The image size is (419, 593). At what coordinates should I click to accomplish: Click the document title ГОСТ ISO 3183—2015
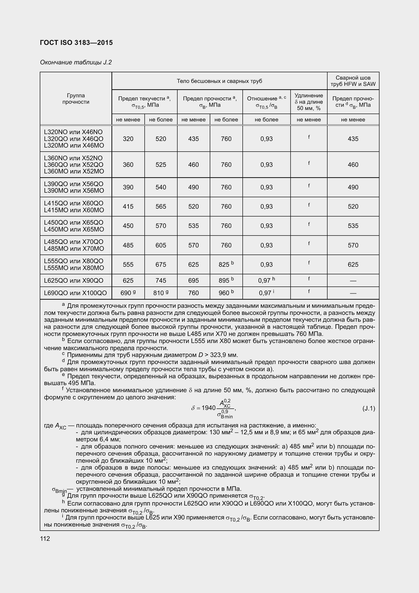point(76,43)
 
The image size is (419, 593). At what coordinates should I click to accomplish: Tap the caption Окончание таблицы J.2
point(76,62)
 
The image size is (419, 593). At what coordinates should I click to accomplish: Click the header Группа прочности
point(75,99)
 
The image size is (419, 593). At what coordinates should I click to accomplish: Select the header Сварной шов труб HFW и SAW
point(353,81)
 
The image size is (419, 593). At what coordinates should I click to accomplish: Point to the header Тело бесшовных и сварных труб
point(219,81)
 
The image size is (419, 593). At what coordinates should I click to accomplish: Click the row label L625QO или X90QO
point(73,280)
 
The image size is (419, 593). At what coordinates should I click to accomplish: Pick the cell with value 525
point(161,165)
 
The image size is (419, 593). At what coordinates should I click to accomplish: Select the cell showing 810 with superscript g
point(161,293)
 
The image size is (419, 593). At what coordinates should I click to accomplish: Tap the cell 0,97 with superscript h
point(266,280)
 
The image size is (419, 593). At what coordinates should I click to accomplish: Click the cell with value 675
point(161,264)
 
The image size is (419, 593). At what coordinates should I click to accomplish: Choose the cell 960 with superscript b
point(226,293)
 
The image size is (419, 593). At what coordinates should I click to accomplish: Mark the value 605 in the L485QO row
point(161,245)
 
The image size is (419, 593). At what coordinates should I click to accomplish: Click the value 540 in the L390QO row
point(161,187)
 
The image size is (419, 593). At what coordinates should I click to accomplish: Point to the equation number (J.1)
point(369,408)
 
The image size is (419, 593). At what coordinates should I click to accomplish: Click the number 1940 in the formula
point(208,408)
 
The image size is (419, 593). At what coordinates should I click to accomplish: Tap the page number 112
point(45,538)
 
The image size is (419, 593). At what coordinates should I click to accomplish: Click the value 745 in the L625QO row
point(161,280)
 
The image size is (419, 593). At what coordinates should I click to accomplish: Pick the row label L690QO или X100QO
point(75,293)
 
